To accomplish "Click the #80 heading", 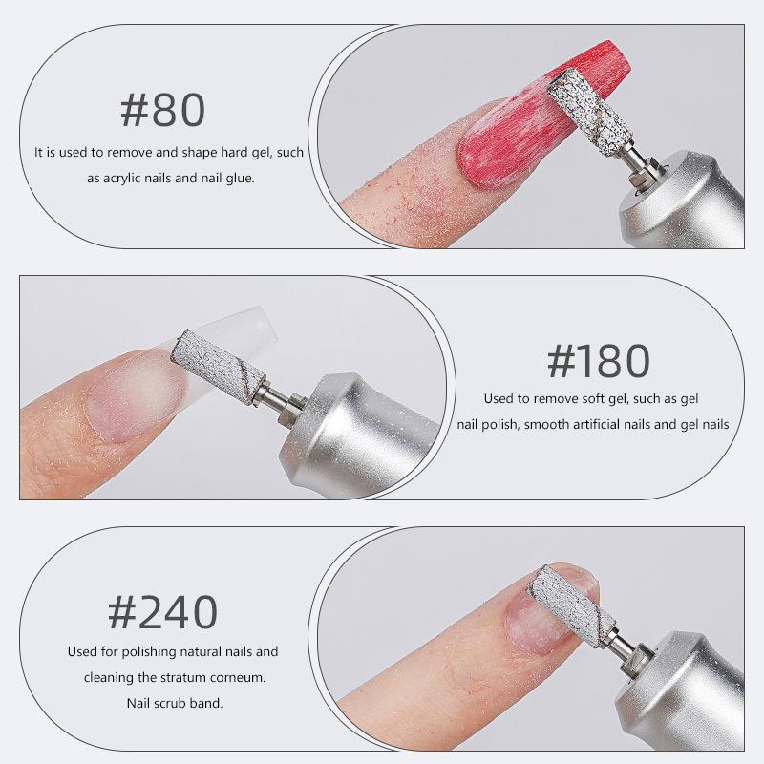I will coord(162,111).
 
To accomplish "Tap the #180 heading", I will coord(599,360).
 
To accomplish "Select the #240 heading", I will coord(162,611).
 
